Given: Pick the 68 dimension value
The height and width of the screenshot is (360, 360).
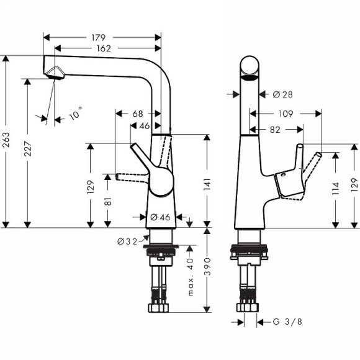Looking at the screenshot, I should [x=138, y=114].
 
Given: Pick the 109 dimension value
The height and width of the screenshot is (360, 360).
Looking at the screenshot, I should [x=286, y=114].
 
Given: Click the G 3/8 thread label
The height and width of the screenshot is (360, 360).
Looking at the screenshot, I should [x=289, y=322].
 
